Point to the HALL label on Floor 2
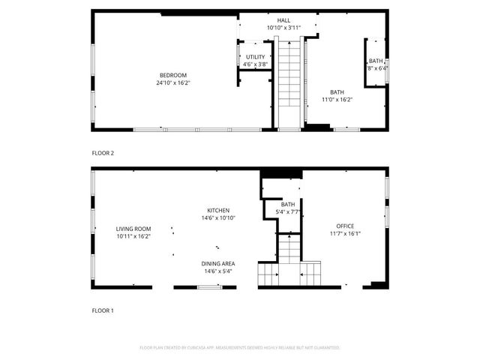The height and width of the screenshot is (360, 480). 283,21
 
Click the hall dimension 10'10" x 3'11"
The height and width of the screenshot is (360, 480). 283,28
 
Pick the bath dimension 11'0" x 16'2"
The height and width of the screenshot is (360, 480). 337,99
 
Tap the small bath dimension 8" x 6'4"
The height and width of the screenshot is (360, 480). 376,68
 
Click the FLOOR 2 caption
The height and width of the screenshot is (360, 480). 103,153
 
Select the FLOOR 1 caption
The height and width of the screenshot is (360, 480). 103,310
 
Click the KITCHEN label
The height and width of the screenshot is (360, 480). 218,211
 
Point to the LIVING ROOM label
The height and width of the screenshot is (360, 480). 133,229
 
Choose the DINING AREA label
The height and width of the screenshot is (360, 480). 218,263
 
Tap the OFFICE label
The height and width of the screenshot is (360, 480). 345,226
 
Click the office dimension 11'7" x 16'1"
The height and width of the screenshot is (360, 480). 345,233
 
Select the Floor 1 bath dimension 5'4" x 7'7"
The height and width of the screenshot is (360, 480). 288,212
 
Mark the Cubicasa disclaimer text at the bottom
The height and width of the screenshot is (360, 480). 240,348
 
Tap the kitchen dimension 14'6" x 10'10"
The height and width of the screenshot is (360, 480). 218,218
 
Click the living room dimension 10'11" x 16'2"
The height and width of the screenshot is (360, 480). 133,236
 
